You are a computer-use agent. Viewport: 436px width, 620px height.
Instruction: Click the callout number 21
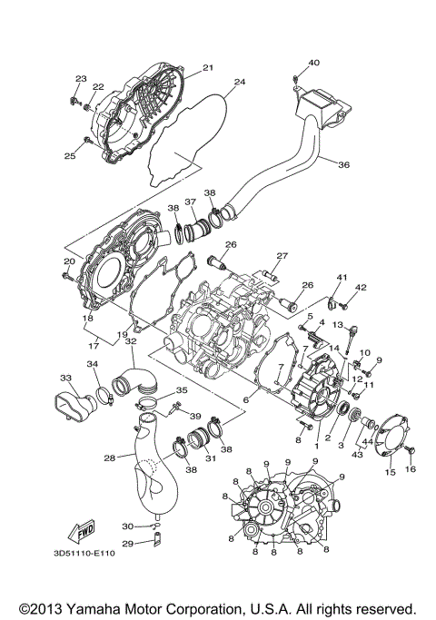[207, 68]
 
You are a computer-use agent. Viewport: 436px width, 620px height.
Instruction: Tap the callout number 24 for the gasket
[239, 82]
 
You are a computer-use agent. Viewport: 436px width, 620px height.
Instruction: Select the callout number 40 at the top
[313, 63]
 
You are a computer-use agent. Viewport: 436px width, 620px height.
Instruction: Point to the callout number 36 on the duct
[343, 165]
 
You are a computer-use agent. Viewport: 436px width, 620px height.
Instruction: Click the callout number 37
[191, 202]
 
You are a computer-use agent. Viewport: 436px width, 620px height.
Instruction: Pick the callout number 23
[81, 79]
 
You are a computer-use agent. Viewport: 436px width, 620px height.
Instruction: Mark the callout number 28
[109, 458]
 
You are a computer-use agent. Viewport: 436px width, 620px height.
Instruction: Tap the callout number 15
[389, 473]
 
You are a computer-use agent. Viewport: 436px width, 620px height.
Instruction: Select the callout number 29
[127, 543]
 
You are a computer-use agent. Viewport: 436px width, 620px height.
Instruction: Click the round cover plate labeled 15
[388, 432]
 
